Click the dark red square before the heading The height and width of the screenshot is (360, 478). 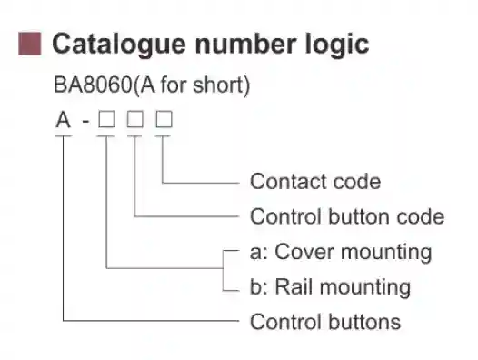(30, 43)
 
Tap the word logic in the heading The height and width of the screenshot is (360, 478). (337, 43)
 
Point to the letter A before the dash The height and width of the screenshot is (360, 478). (63, 120)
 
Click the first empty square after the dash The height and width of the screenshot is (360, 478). (107, 120)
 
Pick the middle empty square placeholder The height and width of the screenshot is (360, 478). (135, 120)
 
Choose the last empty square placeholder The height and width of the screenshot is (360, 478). (164, 120)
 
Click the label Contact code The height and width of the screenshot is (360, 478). (314, 181)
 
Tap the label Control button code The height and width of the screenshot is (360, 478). (346, 216)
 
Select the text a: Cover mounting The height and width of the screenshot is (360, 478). (340, 252)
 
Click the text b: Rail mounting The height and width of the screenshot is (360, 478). (329, 287)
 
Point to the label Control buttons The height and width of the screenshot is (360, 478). (324, 322)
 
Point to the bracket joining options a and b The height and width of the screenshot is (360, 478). (224, 269)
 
